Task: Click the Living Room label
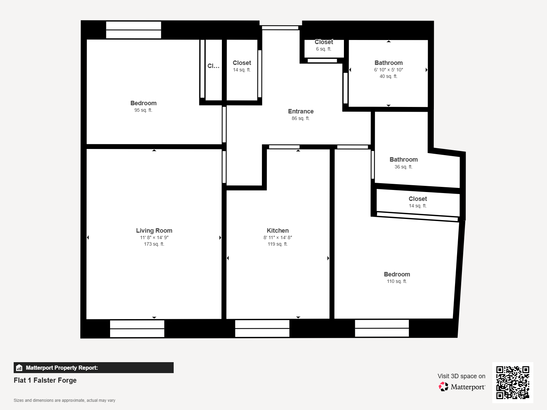coord(154,231)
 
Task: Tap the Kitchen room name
coord(278,231)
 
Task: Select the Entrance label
coord(301,111)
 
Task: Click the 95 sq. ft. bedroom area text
coord(143,110)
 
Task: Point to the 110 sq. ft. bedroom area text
coord(397,281)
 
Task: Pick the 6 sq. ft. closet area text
coord(324,49)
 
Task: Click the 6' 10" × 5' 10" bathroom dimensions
coord(388,70)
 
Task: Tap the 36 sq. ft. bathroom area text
coord(403,167)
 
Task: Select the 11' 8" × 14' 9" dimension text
coord(154,237)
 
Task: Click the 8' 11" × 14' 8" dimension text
coord(278,237)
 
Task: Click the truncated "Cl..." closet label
coord(214,66)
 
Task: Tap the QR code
coord(512,382)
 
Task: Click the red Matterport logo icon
coord(443,387)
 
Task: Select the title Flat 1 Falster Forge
coord(45,380)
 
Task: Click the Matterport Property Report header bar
coord(94,368)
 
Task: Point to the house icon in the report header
coord(19,368)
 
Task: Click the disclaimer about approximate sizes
coord(64,400)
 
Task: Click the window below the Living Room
coord(137,329)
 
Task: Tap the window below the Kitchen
coord(262,329)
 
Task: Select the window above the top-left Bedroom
coord(134,30)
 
